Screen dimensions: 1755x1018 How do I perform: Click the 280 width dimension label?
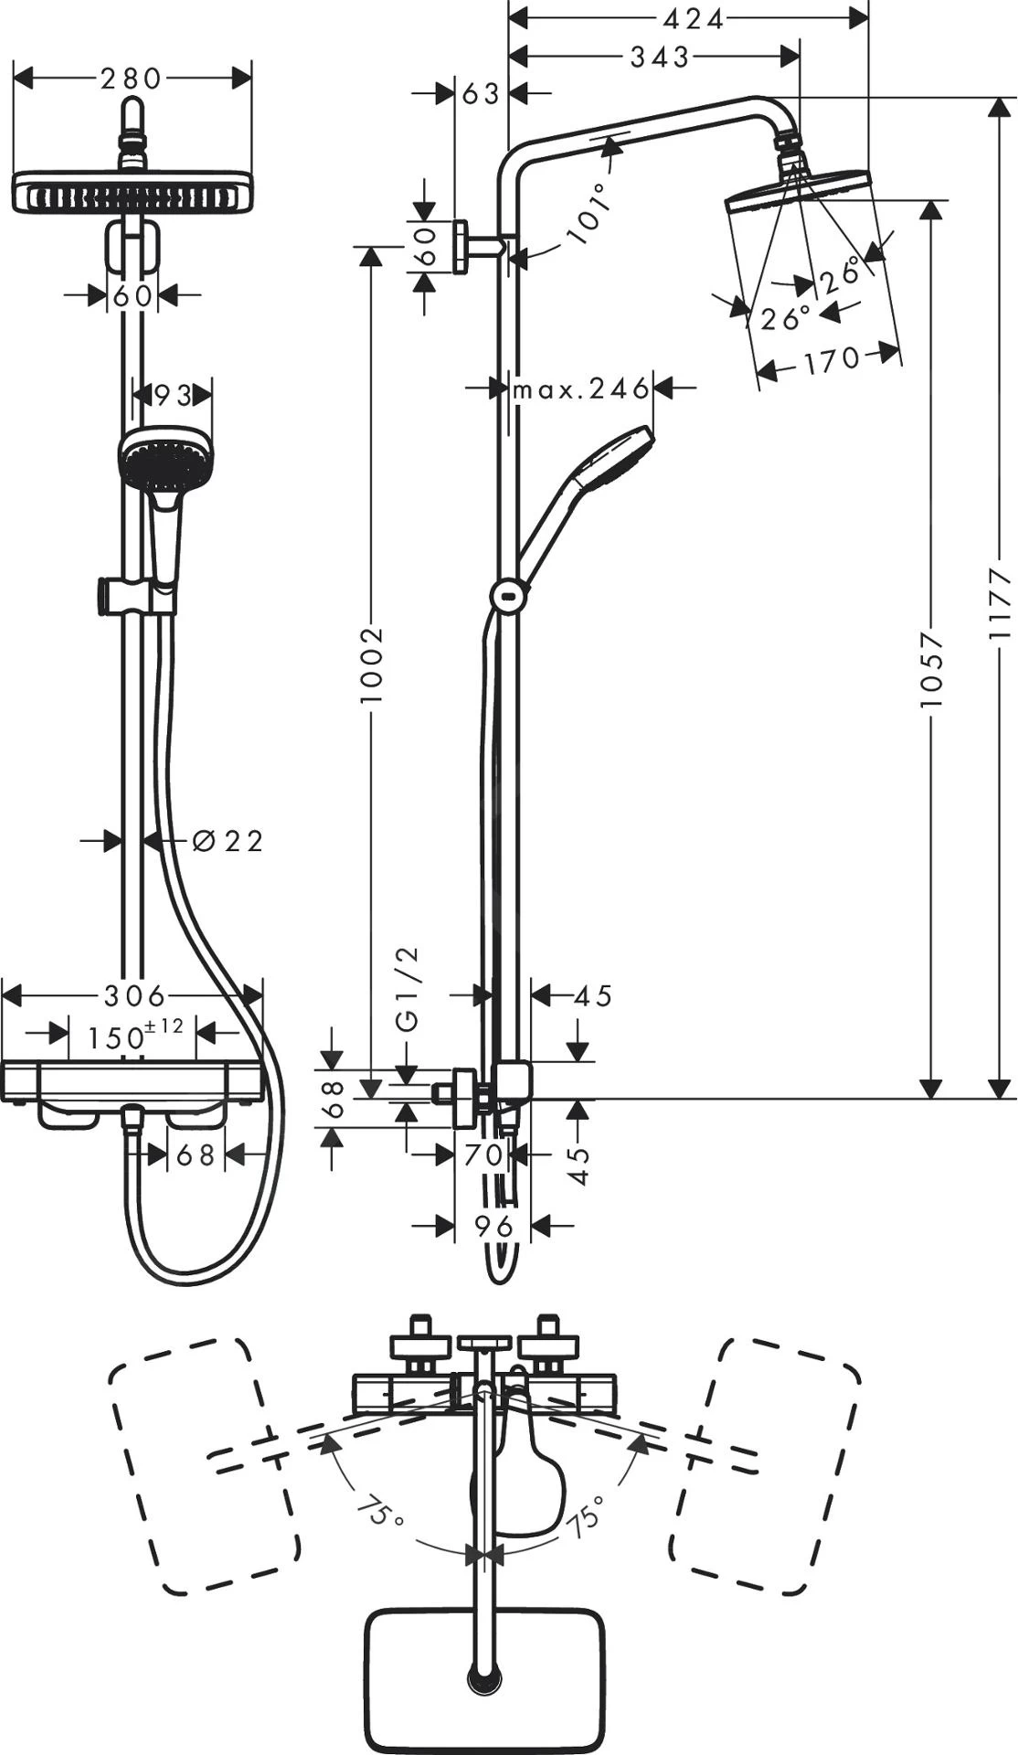pyautogui.click(x=131, y=79)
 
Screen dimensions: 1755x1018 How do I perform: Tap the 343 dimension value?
pyautogui.click(x=660, y=58)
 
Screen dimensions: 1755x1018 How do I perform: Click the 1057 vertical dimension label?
pyautogui.click(x=930, y=670)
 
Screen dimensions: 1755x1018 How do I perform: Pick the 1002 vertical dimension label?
pyautogui.click(x=371, y=665)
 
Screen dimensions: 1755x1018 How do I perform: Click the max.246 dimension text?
pyautogui.click(x=580, y=389)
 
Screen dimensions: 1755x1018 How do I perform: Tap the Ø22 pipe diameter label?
pyautogui.click(x=228, y=841)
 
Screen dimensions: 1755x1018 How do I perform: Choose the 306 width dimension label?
pyautogui.click(x=133, y=994)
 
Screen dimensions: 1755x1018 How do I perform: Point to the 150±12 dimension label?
pyautogui.click(x=133, y=1036)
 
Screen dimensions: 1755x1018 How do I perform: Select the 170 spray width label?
pyautogui.click(x=832, y=361)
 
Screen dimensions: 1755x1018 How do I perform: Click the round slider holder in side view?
pyautogui.click(x=507, y=596)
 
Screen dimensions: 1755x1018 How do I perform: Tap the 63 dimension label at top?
pyautogui.click(x=482, y=92)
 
